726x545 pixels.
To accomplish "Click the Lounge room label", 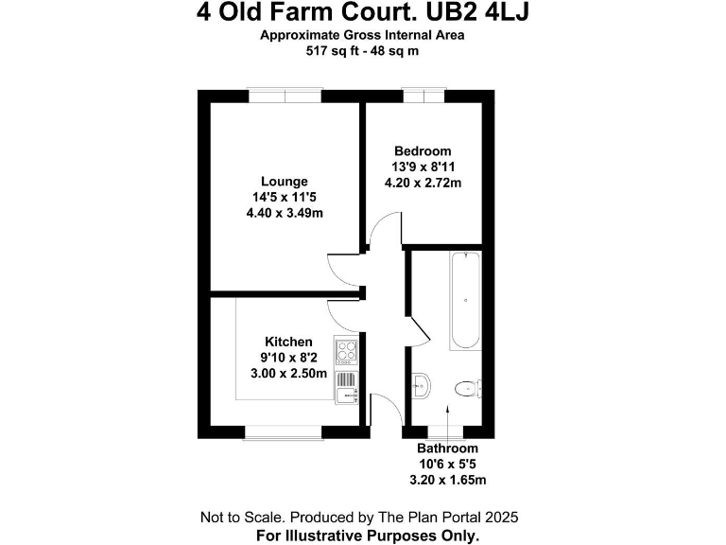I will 285,182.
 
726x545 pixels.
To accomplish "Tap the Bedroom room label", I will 423,150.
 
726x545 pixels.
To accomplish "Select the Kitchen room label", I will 288,342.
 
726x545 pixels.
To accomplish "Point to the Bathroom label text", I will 448,448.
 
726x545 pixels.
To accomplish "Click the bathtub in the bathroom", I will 465,301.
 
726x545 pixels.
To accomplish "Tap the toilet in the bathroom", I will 467,388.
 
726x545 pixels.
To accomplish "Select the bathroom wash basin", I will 422,384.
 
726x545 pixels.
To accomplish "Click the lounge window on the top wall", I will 285,94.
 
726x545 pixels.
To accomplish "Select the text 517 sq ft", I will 332,51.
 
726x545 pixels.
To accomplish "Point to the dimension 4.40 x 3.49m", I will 285,213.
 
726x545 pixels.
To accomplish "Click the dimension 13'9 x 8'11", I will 423,167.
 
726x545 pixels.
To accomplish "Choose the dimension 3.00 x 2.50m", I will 288,374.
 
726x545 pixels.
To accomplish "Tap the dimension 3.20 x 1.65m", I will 448,480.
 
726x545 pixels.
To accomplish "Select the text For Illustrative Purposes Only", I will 368,535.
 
